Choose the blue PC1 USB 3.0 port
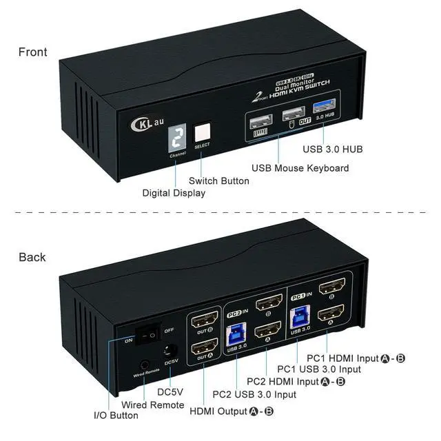point(300,316)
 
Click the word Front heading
point(33,52)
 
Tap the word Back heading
point(32,257)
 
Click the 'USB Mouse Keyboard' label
point(300,168)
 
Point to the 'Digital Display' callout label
point(174,193)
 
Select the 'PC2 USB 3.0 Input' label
point(254,394)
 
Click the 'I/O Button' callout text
point(116,416)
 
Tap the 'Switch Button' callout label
point(220,181)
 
